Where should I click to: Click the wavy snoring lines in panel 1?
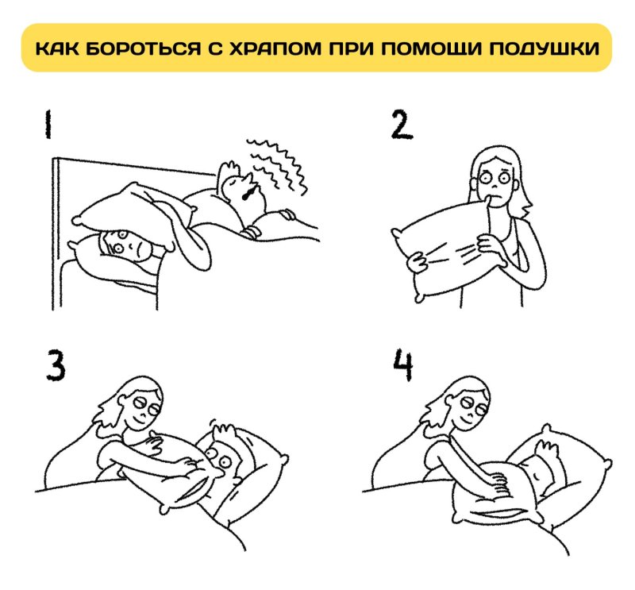(x=274, y=163)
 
